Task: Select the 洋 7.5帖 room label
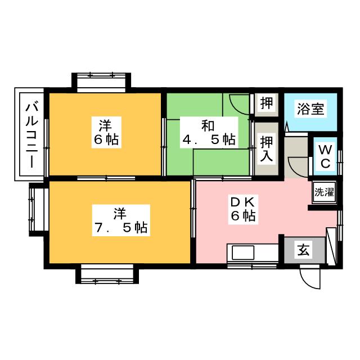tap(120, 220)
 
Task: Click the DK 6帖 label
tap(242, 208)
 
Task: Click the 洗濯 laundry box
tap(323, 192)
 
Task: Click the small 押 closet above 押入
tap(267, 104)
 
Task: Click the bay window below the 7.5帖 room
tap(107, 274)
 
